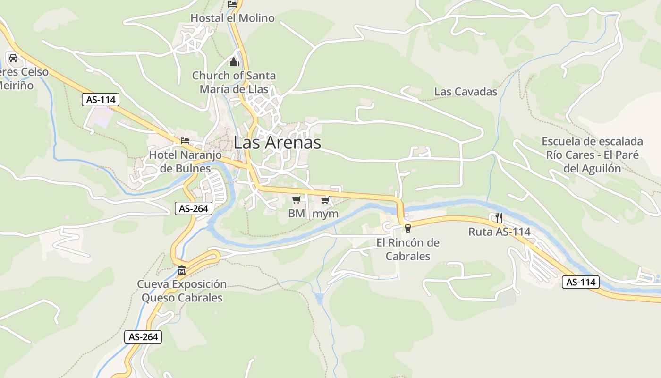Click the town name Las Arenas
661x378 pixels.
278,142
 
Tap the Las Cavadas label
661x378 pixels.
466,92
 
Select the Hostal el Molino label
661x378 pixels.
232,18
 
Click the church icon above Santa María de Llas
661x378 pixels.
234,62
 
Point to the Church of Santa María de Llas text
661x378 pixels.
234,82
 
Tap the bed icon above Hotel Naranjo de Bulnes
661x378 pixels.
185,141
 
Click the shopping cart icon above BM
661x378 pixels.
297,200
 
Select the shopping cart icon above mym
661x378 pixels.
325,200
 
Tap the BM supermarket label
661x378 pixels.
297,214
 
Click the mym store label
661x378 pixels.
326,214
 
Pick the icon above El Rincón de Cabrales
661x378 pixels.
408,229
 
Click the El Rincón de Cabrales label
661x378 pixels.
408,249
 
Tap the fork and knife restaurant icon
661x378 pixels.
499,218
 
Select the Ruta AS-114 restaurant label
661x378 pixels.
499,232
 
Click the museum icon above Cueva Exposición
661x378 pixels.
182,271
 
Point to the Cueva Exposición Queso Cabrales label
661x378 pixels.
182,291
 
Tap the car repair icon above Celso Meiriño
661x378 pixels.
13,58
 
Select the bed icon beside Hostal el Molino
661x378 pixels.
232,4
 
